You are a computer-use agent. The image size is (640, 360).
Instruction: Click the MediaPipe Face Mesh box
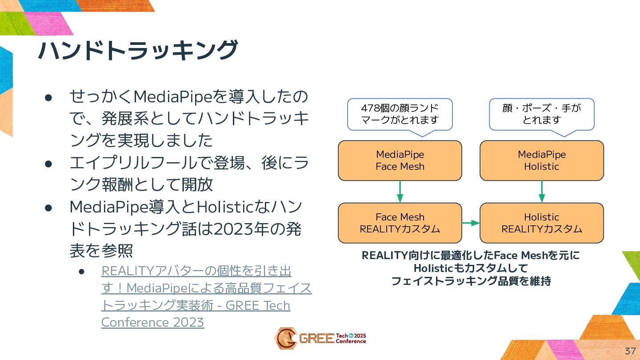400,160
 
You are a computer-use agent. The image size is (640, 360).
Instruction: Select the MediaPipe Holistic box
541,160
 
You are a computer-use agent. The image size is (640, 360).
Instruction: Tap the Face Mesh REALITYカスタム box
400,223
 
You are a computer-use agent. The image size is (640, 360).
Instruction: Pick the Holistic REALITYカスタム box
541,223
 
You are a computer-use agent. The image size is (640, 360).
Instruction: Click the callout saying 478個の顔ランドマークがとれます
400,114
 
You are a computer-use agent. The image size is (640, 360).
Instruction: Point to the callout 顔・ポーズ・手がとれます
541,114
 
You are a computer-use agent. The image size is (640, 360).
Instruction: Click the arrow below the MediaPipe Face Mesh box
400,192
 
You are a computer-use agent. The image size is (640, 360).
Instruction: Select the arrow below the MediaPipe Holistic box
541,192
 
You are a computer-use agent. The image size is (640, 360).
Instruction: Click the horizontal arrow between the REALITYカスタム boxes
471,223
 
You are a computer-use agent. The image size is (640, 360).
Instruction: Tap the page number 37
630,351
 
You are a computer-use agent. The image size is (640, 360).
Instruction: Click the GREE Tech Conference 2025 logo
320,338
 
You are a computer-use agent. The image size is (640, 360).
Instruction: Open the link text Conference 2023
152,322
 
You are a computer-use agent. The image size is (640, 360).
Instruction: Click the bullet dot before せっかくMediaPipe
49,97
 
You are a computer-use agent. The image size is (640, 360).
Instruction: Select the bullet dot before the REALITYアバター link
81,271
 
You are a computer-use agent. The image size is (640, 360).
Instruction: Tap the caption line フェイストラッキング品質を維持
471,281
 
